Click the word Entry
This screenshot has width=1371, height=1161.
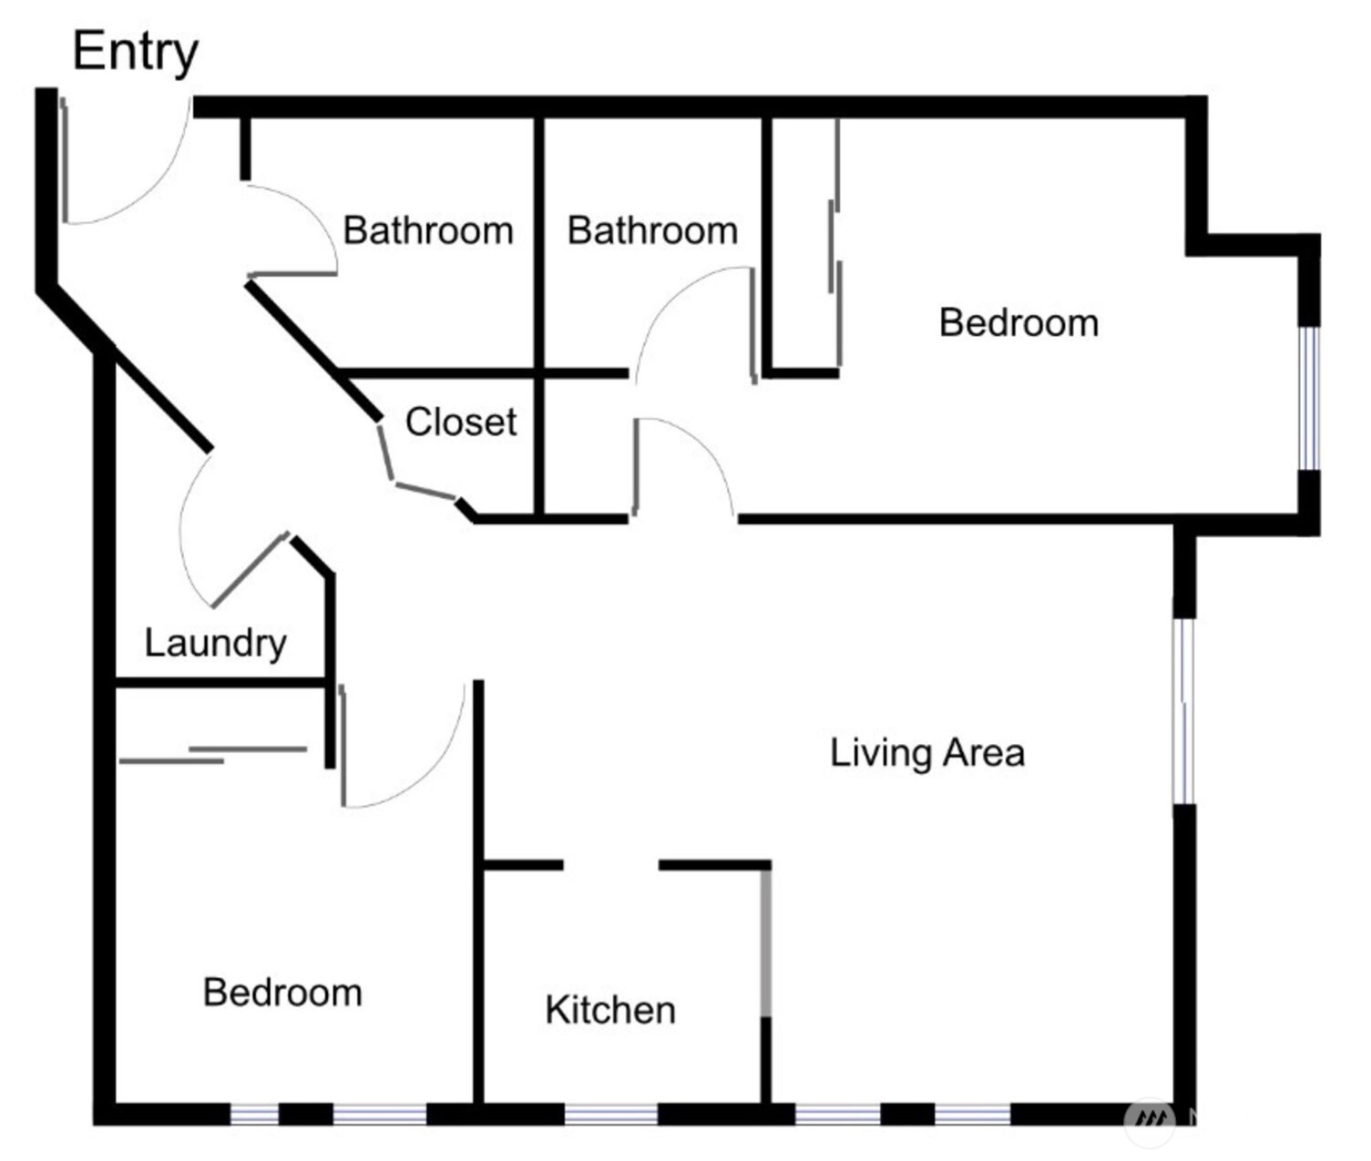click(135, 52)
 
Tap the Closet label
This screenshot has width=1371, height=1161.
click(460, 422)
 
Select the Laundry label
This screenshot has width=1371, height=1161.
click(215, 643)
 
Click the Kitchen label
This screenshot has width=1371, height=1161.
click(610, 1010)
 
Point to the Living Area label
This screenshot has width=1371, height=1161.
click(927, 753)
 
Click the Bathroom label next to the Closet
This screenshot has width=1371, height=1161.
click(427, 230)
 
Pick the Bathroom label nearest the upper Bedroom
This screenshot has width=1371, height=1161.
click(652, 230)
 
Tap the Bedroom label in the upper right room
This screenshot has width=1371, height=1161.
click(1018, 323)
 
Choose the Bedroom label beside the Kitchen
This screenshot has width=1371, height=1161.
click(282, 993)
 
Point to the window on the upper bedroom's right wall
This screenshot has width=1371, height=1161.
click(1308, 398)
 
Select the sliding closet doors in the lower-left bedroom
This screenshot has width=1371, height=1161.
click(214, 755)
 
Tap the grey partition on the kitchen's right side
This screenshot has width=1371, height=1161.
click(766, 942)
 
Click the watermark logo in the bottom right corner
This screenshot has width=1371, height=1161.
click(1150, 1120)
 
